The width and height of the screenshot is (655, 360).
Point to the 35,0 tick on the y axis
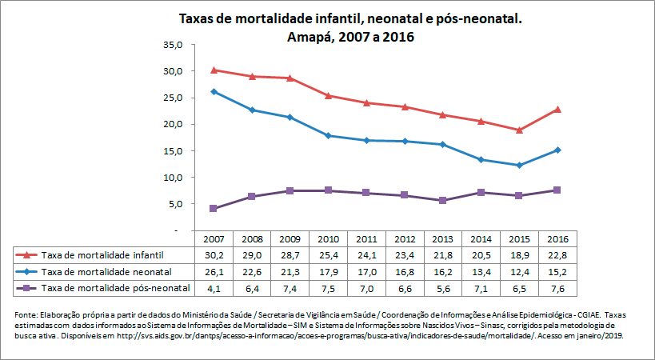(x=172, y=45)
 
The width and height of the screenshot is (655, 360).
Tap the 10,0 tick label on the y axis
(x=172, y=178)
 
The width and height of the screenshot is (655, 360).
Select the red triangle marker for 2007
(x=214, y=70)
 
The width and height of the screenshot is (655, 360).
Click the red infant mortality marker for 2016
(x=557, y=110)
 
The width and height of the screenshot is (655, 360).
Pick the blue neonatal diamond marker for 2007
(x=214, y=92)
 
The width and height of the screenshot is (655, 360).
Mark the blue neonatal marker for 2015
(x=519, y=165)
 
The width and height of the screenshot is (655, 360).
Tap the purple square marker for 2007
(x=214, y=209)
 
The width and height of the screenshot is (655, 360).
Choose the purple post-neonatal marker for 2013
(x=442, y=201)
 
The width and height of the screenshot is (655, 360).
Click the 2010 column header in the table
(x=328, y=239)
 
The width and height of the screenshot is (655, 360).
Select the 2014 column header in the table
(x=481, y=239)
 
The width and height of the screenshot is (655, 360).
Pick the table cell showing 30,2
(x=214, y=255)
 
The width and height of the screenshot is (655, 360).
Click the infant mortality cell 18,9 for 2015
(x=519, y=255)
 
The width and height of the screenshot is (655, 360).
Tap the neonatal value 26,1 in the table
(x=214, y=271)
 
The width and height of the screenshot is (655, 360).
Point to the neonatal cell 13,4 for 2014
(x=481, y=271)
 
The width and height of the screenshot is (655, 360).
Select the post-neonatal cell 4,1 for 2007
(x=214, y=287)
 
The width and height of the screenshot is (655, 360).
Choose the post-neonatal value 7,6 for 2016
(x=557, y=287)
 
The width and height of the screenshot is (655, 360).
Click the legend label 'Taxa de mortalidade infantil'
(x=102, y=255)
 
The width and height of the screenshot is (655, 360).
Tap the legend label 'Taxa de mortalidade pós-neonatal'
(x=115, y=287)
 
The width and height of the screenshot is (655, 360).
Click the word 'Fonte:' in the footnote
(x=28, y=313)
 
